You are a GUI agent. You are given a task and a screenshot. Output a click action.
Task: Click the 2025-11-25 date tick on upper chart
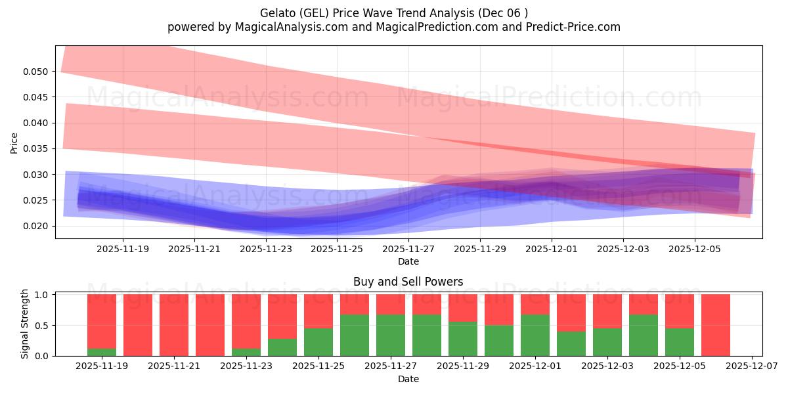pos(337,250)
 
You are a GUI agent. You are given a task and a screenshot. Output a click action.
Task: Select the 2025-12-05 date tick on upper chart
pos(695,250)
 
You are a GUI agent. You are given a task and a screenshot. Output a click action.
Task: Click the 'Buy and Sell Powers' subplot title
pos(408,282)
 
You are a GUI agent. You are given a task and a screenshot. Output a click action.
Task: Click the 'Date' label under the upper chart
pos(408,261)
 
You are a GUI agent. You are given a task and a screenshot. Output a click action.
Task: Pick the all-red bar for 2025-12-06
pos(716,325)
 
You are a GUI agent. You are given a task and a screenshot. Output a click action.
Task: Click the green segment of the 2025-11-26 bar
pos(355,335)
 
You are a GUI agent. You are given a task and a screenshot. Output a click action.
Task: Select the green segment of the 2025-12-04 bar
pos(644,335)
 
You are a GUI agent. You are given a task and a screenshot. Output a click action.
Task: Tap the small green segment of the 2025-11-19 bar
pos(102,352)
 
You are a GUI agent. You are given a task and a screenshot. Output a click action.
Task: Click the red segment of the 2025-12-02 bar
pos(571,313)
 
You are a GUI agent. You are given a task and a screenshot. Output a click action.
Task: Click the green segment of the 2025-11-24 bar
pos(282,347)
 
